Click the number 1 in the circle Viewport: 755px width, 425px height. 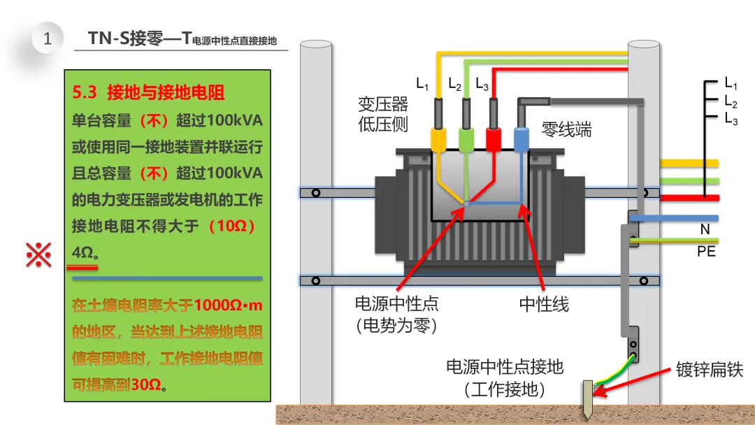(x=48, y=38)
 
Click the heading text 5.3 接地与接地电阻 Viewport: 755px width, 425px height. (x=148, y=92)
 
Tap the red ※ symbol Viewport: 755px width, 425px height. (x=38, y=254)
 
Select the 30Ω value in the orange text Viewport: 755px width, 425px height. (x=145, y=384)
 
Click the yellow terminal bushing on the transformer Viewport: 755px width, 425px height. (x=438, y=140)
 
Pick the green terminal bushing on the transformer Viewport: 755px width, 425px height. (x=466, y=140)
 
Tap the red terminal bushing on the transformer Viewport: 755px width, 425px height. (x=494, y=140)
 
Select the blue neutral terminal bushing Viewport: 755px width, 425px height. (x=522, y=140)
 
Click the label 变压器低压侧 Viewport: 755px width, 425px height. (x=383, y=114)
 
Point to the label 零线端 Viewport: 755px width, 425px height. (x=567, y=129)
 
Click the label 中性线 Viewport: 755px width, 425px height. (x=544, y=304)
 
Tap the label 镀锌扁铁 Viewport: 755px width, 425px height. (x=710, y=369)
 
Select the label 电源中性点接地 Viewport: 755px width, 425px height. (x=505, y=367)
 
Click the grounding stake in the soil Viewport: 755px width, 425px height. (x=588, y=399)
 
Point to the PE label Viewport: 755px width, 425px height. (x=706, y=251)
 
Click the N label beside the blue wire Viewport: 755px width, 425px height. (x=705, y=229)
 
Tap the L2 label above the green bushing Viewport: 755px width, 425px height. (x=454, y=84)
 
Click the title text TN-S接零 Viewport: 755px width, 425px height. (x=126, y=38)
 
